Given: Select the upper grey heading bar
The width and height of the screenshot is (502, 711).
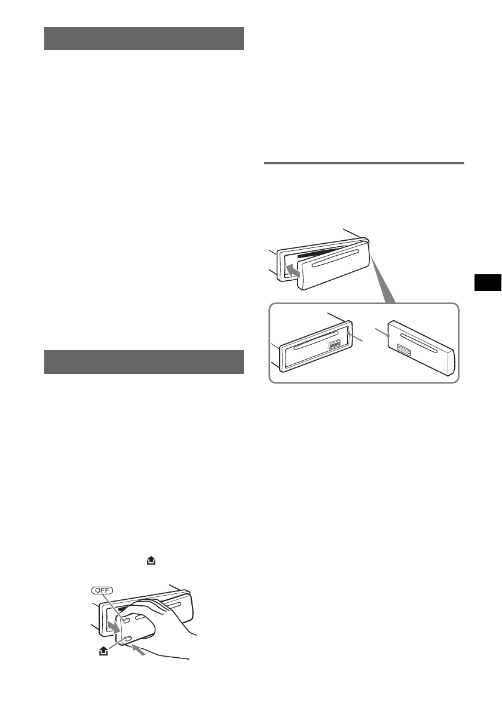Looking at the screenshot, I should tap(144, 38).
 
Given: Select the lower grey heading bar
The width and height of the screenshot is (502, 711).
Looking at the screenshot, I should tap(144, 362).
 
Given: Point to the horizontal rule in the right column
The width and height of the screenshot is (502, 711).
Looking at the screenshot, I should tap(363, 163).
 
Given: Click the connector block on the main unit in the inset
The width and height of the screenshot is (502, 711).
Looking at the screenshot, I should tap(333, 344).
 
